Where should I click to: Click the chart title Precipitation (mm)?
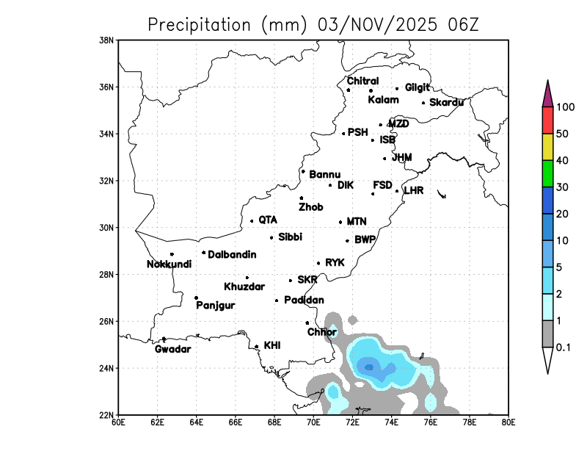(227, 25)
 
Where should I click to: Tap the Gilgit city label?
(417, 87)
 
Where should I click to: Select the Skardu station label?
(446, 102)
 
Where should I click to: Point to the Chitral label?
(362, 81)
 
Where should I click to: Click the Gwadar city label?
(172, 349)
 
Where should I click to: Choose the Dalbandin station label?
(232, 255)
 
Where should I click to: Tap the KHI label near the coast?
(271, 345)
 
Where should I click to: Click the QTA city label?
(268, 220)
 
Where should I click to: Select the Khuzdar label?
(244, 287)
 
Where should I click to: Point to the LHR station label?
(414, 190)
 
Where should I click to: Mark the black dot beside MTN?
(340, 222)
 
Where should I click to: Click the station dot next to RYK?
(318, 263)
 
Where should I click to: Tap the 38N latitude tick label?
(107, 40)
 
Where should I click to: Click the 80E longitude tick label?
(508, 422)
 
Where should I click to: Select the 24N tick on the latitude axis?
(107, 368)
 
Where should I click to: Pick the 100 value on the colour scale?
(566, 107)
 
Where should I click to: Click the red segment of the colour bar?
(547, 120)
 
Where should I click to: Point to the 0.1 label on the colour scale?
(564, 347)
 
